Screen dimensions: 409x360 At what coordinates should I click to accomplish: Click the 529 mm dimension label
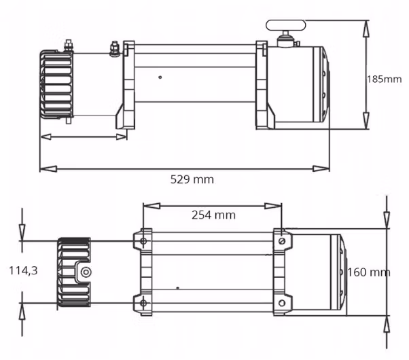tap(192, 179)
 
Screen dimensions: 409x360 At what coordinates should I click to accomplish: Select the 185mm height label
tap(385, 79)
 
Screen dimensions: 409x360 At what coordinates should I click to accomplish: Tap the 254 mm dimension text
tap(213, 215)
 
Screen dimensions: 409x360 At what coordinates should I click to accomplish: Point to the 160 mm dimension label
tap(368, 272)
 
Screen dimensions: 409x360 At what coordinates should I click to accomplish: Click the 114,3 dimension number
tap(24, 270)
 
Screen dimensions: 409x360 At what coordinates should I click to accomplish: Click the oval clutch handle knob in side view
tap(285, 25)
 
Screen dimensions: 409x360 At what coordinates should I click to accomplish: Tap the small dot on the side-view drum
tap(160, 77)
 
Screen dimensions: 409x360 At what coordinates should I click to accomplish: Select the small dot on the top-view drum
tap(177, 288)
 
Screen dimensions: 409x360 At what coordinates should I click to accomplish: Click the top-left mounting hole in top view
tap(143, 240)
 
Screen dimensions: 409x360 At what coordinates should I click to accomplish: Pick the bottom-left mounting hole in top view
tap(143, 303)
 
